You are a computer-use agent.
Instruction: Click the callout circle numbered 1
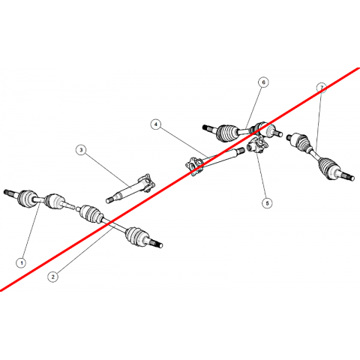pos(22,262)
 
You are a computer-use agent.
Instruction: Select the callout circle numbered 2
pos(52,277)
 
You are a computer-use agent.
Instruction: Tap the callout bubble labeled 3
pos(81,150)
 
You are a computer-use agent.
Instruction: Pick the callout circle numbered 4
pos(156,124)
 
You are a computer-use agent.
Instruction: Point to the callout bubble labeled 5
pos(267,202)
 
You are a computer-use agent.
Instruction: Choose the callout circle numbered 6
pos(263,82)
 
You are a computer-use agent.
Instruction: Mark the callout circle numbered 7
pos(322,88)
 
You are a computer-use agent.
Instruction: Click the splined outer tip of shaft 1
pos(7,192)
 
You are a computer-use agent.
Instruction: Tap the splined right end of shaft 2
pos(157,244)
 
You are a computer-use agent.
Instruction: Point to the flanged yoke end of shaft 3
pos(147,184)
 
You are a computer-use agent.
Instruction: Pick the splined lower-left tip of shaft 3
pos(109,199)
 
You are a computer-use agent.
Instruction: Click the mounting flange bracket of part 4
pos(194,166)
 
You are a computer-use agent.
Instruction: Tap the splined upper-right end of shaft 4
pos(241,151)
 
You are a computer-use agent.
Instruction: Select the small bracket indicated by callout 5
pos(257,145)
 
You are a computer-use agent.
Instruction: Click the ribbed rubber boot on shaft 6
pos(226,133)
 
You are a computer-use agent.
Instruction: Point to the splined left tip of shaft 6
pos(206,127)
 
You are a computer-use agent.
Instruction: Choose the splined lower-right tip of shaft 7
pos(349,176)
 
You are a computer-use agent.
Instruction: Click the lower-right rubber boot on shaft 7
pos(328,167)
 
